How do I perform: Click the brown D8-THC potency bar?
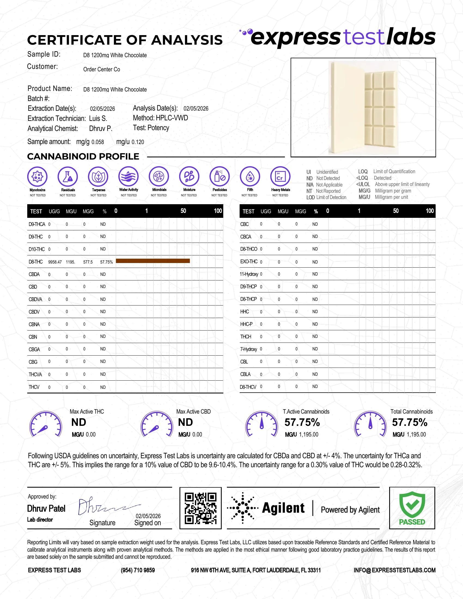click(153, 261)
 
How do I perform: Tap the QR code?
click(200, 508)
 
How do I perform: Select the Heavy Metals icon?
click(280, 177)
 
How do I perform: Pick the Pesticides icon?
click(220, 177)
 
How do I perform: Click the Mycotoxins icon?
click(37, 177)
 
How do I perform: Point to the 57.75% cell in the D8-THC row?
click(106, 262)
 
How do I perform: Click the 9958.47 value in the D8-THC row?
click(55, 262)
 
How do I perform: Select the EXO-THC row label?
click(249, 262)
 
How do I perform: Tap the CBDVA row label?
click(35, 299)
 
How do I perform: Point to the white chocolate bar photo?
click(363, 108)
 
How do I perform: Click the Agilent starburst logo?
click(242, 508)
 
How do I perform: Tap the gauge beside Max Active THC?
click(45, 424)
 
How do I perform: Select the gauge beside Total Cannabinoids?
click(370, 424)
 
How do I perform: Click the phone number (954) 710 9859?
click(138, 570)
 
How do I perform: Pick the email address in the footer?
click(394, 570)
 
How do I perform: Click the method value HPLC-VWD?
click(172, 118)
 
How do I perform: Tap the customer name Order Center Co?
click(102, 69)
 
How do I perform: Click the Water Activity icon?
click(129, 177)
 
